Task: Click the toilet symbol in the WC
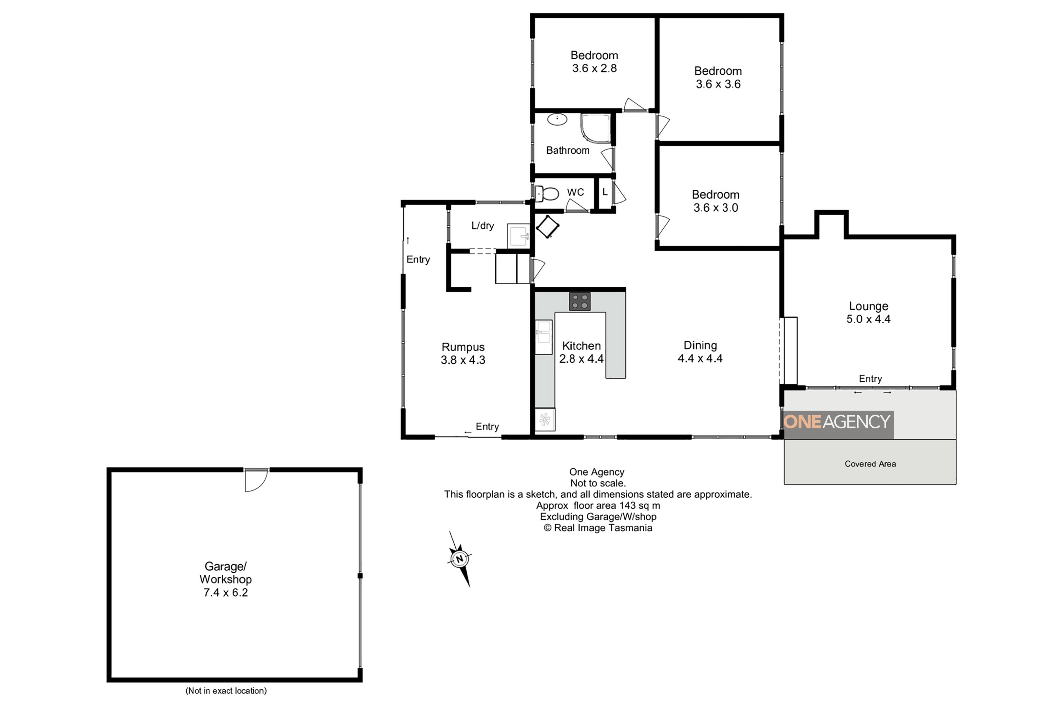(547, 194)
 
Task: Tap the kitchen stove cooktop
(579, 302)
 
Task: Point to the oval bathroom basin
(557, 119)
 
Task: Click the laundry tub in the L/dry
(518, 236)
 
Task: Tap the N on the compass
(460, 559)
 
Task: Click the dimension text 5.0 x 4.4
(868, 319)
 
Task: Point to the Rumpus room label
(463, 347)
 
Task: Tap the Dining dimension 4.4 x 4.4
(700, 359)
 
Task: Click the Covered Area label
(870, 464)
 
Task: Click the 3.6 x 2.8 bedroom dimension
(594, 68)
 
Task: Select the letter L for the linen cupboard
(605, 192)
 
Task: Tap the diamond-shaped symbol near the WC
(548, 226)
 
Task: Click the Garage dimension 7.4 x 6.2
(225, 592)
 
